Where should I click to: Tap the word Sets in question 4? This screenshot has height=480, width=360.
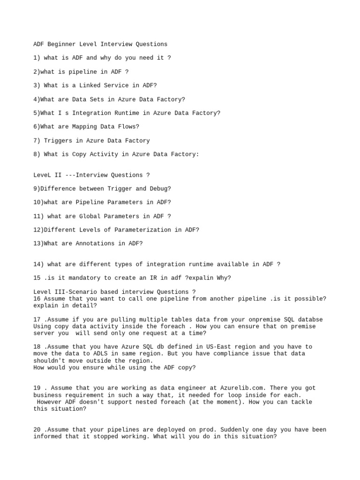pyautogui.click(x=93, y=99)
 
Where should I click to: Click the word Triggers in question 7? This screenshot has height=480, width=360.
pyautogui.click(x=58, y=141)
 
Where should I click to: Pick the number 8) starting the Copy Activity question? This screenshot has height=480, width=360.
pyautogui.click(x=37, y=154)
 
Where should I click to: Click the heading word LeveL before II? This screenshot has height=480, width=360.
pyautogui.click(x=42, y=175)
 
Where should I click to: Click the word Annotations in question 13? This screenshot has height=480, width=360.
pyautogui.click(x=93, y=244)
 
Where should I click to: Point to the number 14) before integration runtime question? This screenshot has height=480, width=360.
pyautogui.click(x=38, y=264)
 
